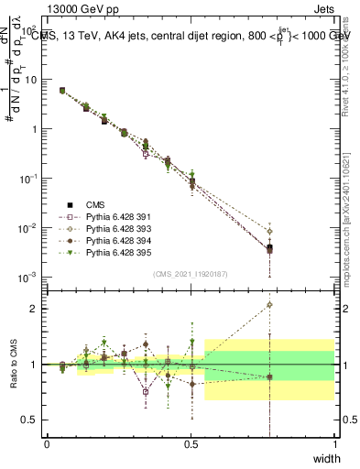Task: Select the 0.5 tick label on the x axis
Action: point(191,444)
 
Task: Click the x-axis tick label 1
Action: point(335,444)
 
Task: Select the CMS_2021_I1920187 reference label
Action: point(191,273)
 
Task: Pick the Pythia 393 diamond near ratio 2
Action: point(269,305)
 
